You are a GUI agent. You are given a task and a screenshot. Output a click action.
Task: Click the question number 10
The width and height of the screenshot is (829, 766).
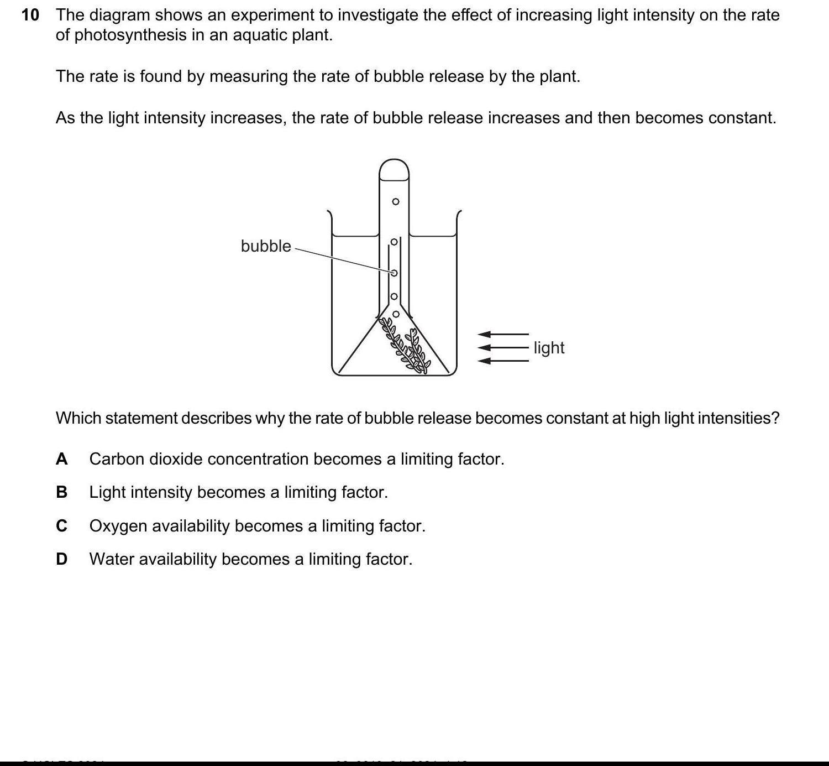30,15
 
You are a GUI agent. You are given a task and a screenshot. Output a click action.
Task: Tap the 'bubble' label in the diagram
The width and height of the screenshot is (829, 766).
265,246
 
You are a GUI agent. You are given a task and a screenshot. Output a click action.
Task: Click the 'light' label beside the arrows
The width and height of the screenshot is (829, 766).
549,348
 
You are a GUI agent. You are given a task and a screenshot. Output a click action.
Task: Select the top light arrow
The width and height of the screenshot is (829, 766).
503,334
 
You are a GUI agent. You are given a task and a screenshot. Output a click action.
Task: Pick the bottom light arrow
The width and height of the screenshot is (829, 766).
503,361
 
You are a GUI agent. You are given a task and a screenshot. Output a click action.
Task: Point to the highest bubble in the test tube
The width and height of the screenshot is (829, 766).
395,201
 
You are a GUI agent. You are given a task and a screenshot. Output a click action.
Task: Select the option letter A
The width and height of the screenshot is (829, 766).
62,459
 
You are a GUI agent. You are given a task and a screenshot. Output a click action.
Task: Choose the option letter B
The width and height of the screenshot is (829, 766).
62,492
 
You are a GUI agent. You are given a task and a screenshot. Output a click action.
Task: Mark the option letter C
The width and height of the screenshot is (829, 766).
62,526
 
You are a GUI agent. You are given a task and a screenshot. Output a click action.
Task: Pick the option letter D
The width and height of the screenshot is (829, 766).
62,559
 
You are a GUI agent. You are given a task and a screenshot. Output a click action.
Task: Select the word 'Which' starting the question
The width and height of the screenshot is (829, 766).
78,418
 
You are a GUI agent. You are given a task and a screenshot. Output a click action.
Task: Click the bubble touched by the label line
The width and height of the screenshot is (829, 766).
394,273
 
